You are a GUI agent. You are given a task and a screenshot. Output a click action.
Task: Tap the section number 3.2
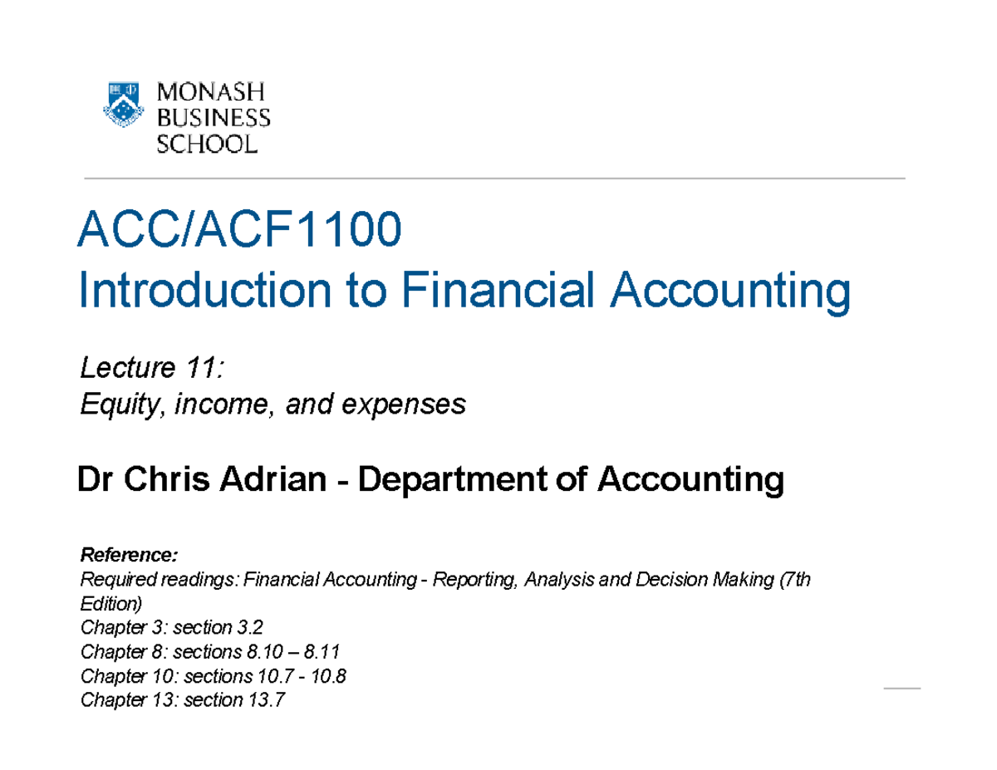coord(253,625)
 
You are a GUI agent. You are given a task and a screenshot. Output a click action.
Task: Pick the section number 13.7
coord(267,700)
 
